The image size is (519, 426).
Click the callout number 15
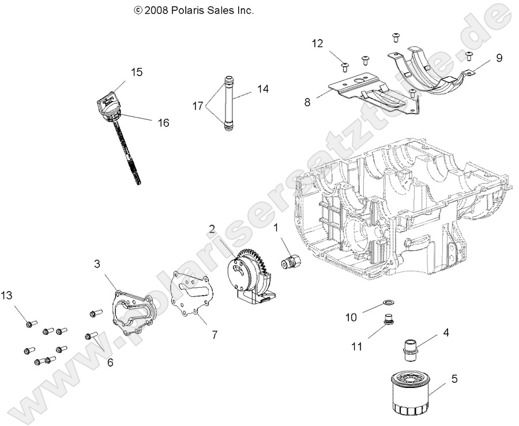tap(136, 72)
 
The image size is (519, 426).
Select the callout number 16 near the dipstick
tap(163, 122)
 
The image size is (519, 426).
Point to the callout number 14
tap(263, 89)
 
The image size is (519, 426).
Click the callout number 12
tap(318, 43)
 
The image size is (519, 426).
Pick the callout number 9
tap(499, 58)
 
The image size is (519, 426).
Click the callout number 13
tap(6, 296)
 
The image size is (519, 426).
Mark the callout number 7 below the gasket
tap(214, 335)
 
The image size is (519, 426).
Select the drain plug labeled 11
tap(389, 321)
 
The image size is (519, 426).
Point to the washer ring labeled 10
tap(389, 301)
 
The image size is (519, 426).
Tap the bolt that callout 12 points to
tap(345, 66)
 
